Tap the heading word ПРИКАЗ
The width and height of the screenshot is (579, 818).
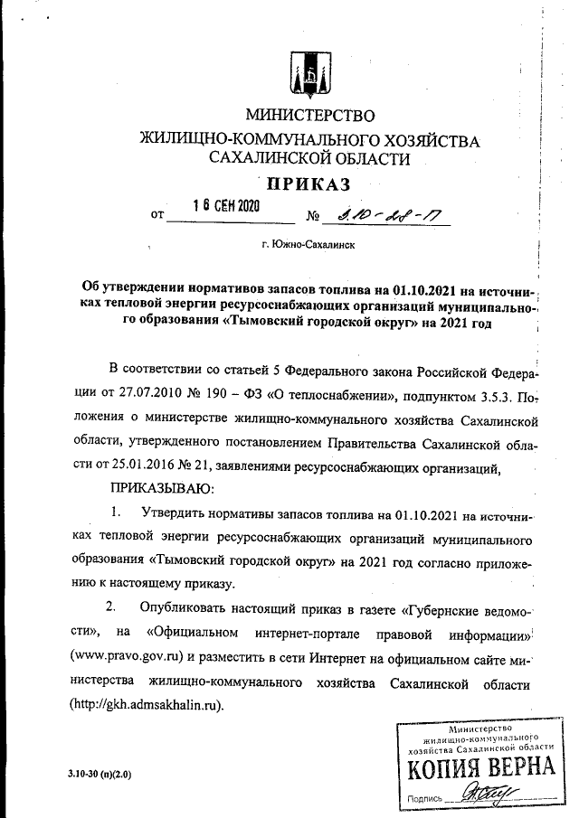point(308,185)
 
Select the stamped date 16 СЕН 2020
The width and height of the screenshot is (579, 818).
point(226,205)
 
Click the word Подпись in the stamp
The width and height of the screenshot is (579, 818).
point(425,799)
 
